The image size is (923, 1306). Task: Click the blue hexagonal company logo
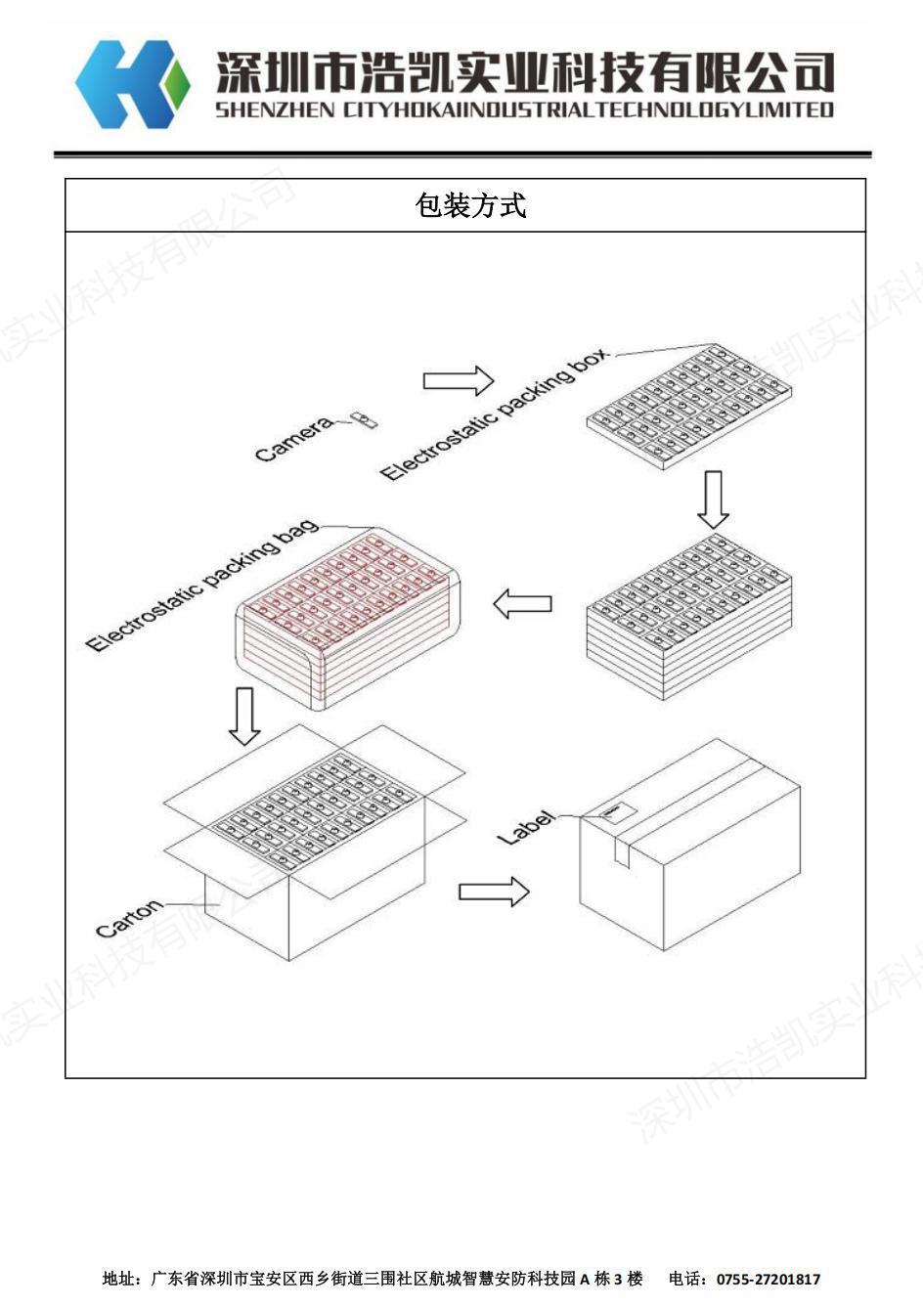coord(131,84)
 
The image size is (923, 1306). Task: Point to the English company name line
coord(524,109)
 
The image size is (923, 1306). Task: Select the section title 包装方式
coord(469,205)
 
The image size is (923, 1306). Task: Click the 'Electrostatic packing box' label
coord(494,414)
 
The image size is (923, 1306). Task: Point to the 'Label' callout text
coord(525,827)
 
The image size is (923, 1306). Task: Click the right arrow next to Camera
coord(458,380)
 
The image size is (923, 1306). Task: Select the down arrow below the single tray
coord(713,499)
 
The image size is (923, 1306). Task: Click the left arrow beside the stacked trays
coord(523,603)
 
